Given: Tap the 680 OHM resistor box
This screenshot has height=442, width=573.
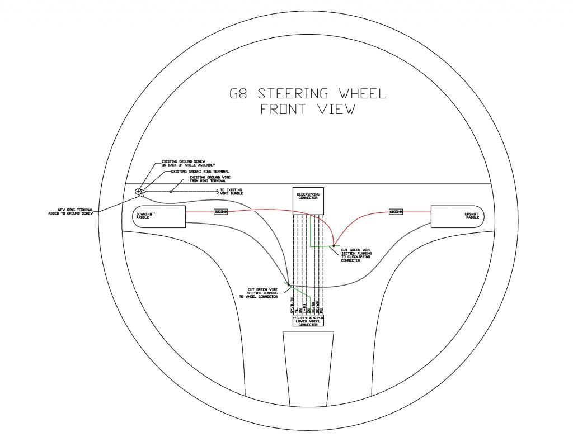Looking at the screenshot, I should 396,212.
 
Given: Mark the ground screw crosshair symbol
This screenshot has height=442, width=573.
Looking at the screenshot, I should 138,192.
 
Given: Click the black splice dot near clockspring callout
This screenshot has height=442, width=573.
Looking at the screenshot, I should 334,245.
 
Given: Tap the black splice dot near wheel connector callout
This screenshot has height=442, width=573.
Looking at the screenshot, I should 288,284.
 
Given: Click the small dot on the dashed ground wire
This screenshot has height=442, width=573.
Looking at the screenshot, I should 171,192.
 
